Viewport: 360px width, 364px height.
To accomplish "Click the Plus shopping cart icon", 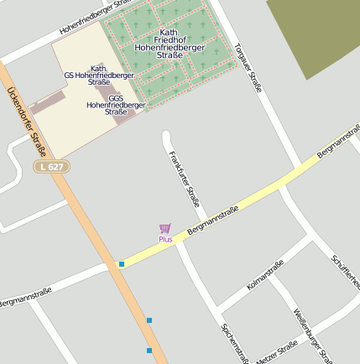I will tap(165, 228).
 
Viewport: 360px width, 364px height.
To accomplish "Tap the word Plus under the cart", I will tap(165, 240).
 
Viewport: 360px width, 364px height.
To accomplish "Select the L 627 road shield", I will tap(52, 167).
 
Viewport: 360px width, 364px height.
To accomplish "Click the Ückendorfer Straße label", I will tap(25, 122).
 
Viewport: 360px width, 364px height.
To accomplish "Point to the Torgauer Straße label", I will tap(249, 68).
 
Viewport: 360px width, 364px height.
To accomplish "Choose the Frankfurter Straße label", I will tap(184, 179).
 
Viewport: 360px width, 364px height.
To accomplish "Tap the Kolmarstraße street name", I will tap(265, 275).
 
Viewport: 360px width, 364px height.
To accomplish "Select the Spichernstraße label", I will tap(234, 342).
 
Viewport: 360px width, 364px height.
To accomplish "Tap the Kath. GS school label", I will tap(99, 75).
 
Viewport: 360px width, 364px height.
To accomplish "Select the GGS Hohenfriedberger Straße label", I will tap(116, 105).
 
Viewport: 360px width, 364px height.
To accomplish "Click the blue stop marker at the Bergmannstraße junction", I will tap(122, 264).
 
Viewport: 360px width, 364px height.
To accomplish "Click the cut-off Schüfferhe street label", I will tap(346, 273).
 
